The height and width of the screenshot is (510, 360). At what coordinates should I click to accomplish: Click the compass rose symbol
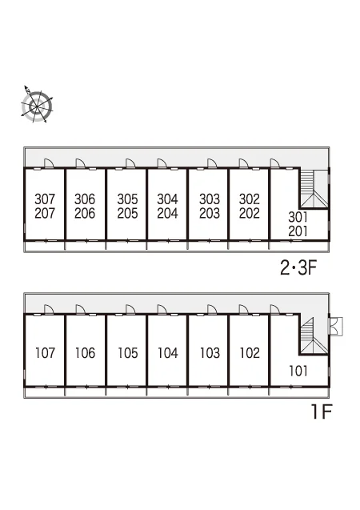pyautogui.click(x=37, y=106)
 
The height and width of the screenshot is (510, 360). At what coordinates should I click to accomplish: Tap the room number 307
pyautogui.click(x=45, y=199)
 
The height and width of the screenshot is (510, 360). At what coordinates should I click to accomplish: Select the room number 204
pyautogui.click(x=167, y=213)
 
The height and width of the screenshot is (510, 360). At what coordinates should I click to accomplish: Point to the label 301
pyautogui.click(x=298, y=217)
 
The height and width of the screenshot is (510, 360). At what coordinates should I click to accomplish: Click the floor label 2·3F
pyautogui.click(x=298, y=268)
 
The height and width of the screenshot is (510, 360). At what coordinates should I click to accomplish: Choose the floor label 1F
pyautogui.click(x=322, y=412)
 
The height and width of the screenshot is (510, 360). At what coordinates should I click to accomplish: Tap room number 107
pyautogui.click(x=45, y=353)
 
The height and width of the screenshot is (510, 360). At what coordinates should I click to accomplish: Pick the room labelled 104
pyautogui.click(x=167, y=353)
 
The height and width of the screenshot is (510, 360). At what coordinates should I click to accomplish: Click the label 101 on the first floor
pyautogui.click(x=298, y=371)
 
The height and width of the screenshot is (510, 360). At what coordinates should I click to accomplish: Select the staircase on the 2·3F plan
pyautogui.click(x=314, y=189)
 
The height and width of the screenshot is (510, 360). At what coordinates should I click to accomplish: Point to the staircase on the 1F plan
pyautogui.click(x=314, y=335)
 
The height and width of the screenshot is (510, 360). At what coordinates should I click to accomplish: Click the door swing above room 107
pyautogui.click(x=49, y=309)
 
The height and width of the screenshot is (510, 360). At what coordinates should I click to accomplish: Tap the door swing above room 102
pyautogui.click(x=243, y=309)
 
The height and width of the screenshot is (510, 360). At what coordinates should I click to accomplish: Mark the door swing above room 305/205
pyautogui.click(x=130, y=163)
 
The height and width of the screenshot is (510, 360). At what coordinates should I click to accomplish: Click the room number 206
pyautogui.click(x=85, y=213)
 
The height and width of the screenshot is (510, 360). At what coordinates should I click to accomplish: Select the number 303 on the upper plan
pyautogui.click(x=210, y=199)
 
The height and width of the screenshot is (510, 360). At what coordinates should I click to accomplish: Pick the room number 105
pyautogui.click(x=128, y=353)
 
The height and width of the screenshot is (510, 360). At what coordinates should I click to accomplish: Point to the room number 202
pyautogui.click(x=250, y=213)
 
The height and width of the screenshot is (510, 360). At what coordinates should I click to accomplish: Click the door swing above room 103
pyautogui.click(x=212, y=309)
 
